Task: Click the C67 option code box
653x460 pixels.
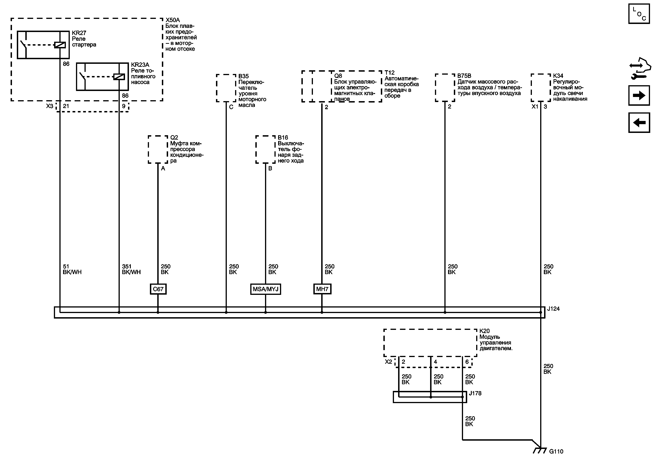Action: pyautogui.click(x=158, y=289)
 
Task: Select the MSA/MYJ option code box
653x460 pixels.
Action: pyautogui.click(x=265, y=289)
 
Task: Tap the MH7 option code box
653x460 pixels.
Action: pyautogui.click(x=322, y=289)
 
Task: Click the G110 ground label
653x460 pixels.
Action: pyautogui.click(x=556, y=451)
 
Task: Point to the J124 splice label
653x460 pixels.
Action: pyautogui.click(x=554, y=309)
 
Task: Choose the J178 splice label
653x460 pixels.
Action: pyautogui.click(x=475, y=393)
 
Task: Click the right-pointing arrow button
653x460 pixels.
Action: pyautogui.click(x=639, y=95)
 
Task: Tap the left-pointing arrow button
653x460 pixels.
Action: pyautogui.click(x=639, y=123)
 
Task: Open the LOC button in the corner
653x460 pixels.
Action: pyautogui.click(x=639, y=14)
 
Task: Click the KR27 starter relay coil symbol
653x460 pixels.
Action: pyautogui.click(x=60, y=45)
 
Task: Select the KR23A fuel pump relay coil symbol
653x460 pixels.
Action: pyautogui.click(x=119, y=77)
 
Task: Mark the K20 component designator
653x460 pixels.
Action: pyautogui.click(x=485, y=331)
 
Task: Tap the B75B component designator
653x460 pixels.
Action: pyautogui.click(x=464, y=76)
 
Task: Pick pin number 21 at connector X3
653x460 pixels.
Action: pyautogui.click(x=66, y=106)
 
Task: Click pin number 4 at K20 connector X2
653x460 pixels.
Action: pyautogui.click(x=435, y=362)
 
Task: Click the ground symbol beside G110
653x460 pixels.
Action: pyautogui.click(x=540, y=451)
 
